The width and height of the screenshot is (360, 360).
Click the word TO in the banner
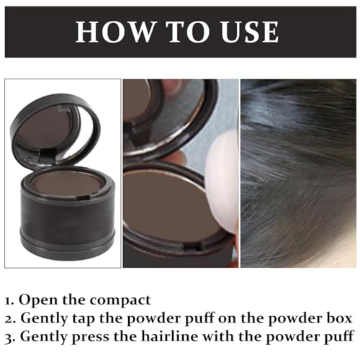tap(179, 32)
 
